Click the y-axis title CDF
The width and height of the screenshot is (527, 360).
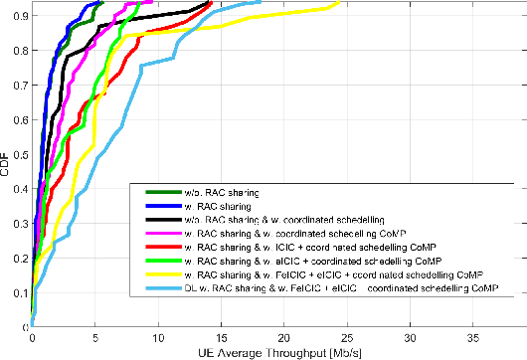tap(6, 164)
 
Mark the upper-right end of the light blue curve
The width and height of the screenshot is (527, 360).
tap(261, 2)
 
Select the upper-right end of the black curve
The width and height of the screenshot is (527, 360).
tap(211, 2)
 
